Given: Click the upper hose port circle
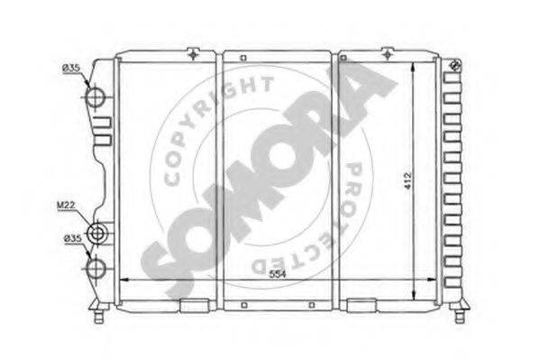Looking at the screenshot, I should pyautogui.click(x=97, y=97).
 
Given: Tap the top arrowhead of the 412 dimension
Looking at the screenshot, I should pyautogui.click(x=414, y=68).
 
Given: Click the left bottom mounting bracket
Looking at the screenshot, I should pyautogui.click(x=193, y=305).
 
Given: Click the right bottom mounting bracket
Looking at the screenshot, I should pyautogui.click(x=362, y=304).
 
